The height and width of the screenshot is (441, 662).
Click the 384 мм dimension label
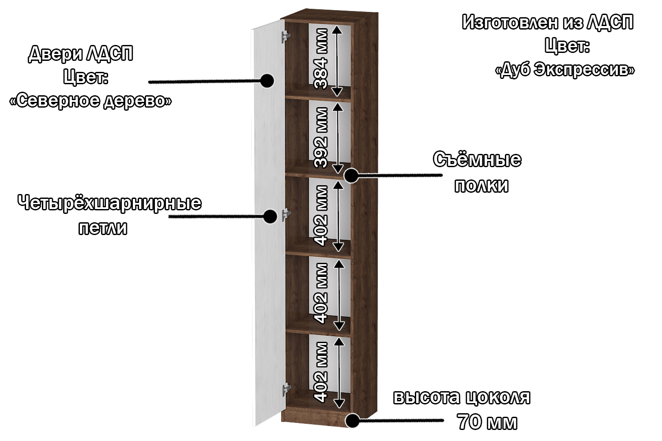[x=321, y=59]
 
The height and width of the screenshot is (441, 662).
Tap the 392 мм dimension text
[x=321, y=137]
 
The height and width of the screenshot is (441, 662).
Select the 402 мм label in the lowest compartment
[x=321, y=372]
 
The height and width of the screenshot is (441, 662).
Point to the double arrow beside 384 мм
[x=337, y=60]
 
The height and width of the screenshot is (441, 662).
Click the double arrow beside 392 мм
[x=338, y=138]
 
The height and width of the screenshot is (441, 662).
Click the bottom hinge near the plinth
[x=286, y=389]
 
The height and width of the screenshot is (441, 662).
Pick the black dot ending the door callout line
[x=267, y=81]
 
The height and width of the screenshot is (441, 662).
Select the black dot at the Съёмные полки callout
[x=351, y=176]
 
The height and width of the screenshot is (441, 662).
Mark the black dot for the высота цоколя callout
[x=352, y=420]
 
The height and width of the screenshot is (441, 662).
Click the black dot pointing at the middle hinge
[x=270, y=216]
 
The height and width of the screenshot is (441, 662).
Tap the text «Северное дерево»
[x=90, y=101]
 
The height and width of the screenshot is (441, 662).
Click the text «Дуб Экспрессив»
[x=565, y=70]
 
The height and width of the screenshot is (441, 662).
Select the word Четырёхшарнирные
[x=109, y=203]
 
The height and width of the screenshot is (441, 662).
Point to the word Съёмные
[x=477, y=160]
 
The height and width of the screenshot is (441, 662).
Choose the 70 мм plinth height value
[x=487, y=422]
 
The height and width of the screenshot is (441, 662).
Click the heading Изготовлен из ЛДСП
[x=547, y=22]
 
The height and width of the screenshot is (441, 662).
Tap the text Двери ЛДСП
[x=81, y=54]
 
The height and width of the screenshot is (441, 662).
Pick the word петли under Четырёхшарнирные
[x=103, y=228]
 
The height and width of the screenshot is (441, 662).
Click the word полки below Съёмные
[x=481, y=186]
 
